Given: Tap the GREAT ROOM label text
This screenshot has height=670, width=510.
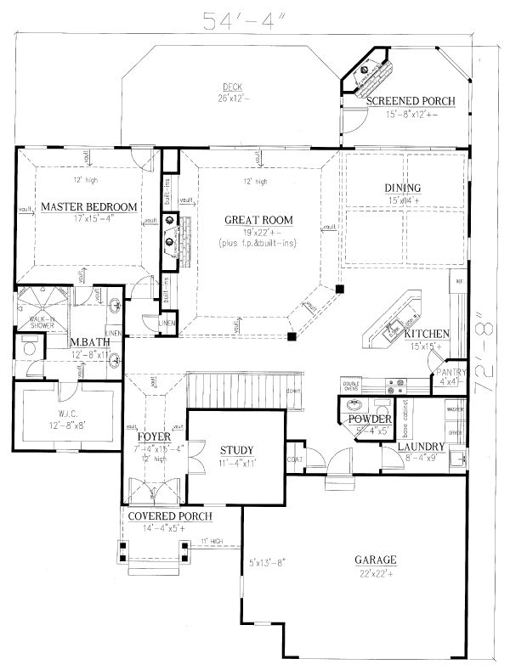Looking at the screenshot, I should click(258, 220).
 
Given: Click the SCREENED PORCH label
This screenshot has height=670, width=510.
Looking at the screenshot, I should click(411, 101).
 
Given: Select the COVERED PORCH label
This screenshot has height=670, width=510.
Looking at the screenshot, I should click(169, 515).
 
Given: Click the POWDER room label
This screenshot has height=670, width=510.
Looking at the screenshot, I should click(369, 420).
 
